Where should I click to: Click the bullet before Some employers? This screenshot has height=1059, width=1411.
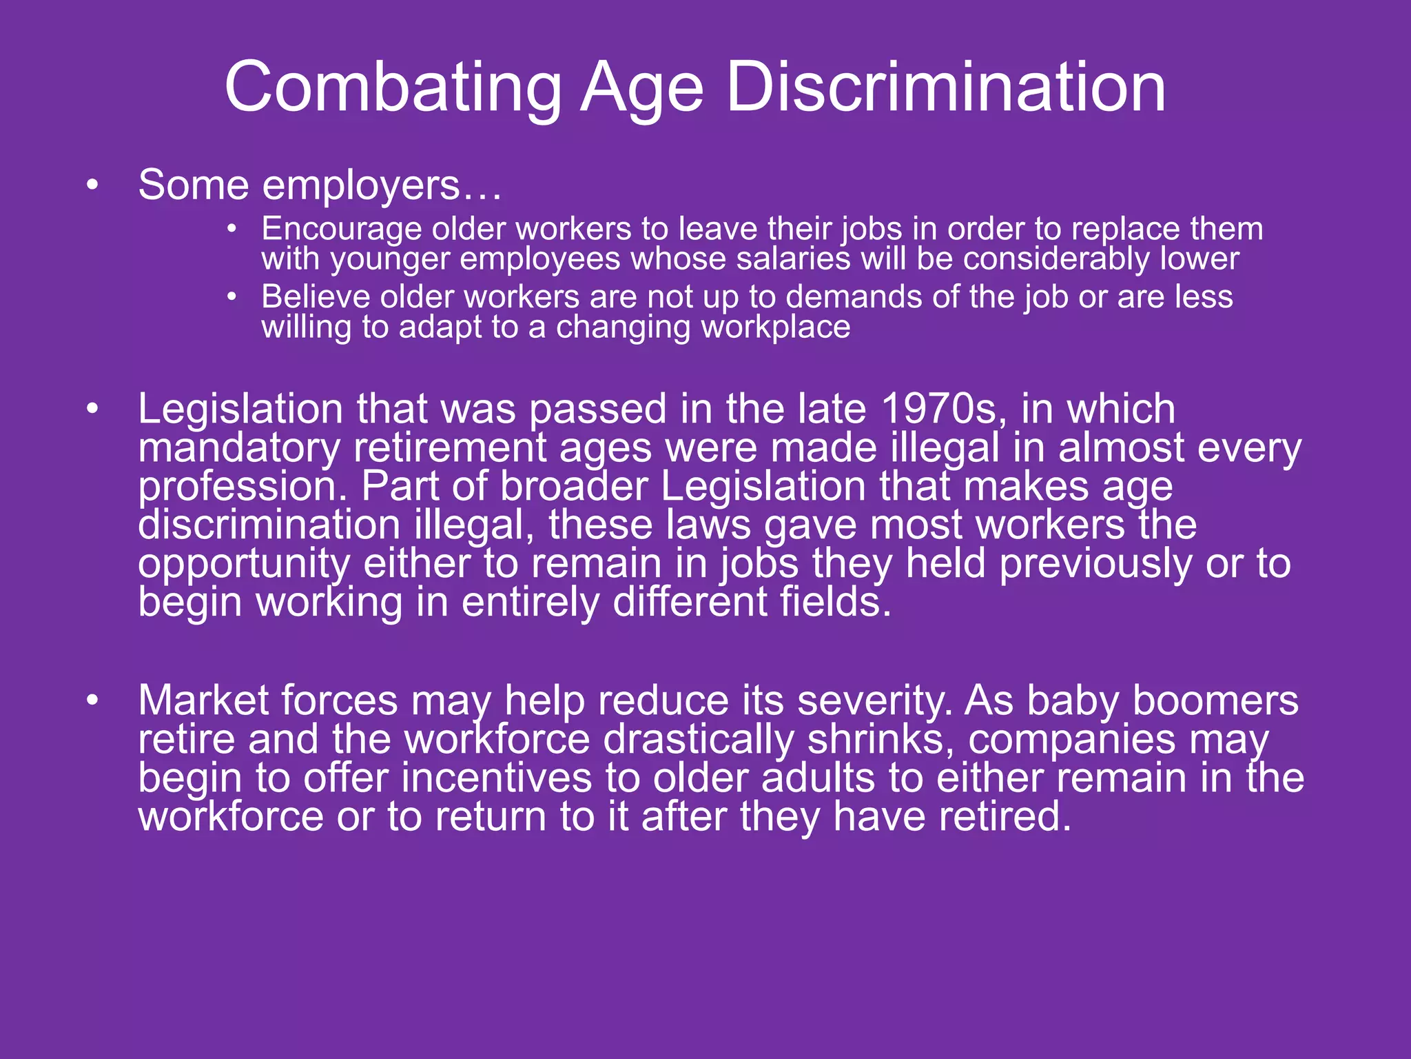click(93, 186)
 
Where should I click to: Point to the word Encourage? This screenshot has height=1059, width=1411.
click(342, 230)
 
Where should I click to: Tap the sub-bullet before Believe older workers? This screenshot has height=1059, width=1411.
click(233, 297)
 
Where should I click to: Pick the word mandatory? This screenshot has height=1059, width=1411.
click(239, 449)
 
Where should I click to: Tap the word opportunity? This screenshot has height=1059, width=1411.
click(244, 565)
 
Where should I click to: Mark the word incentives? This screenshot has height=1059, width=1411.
click(497, 778)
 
